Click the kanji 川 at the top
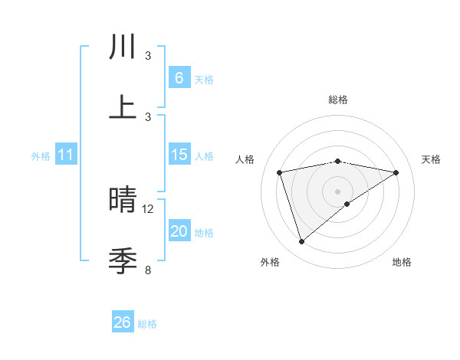tap(123, 47)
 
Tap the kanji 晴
tap(123, 201)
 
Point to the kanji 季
tap(123, 261)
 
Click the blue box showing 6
tap(179, 78)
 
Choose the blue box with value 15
tap(179, 155)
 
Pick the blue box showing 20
tap(179, 231)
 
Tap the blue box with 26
tap(122, 322)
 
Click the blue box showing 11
tap(65, 155)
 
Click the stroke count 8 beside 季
tap(148, 270)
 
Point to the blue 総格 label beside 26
tap(147, 324)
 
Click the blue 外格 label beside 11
tap(41, 156)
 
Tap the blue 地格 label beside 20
tap(204, 233)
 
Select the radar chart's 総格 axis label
tap(338, 100)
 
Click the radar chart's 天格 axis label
tap(432, 159)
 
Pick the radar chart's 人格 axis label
tap(245, 159)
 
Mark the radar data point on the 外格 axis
tap(301, 242)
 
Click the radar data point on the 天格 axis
tap(396, 172)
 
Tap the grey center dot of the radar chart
tap(338, 191)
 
